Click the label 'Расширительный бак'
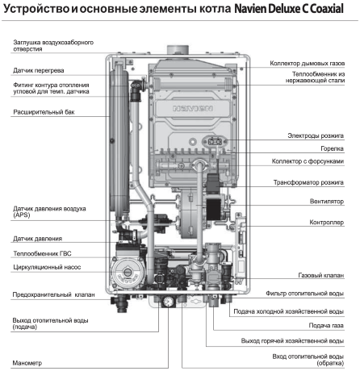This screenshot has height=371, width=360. (x=44, y=112)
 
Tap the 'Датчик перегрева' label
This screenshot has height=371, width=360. (x=39, y=70)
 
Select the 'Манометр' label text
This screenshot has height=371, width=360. (x=27, y=363)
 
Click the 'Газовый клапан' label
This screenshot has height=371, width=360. (x=321, y=275)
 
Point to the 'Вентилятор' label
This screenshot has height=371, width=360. (x=327, y=201)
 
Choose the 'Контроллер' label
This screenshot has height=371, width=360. (x=326, y=223)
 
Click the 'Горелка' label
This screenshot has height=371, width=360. (x=332, y=148)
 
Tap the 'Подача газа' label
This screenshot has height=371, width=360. (x=326, y=326)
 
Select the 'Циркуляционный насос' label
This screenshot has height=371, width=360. (x=47, y=267)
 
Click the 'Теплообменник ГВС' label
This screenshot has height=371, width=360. (x=42, y=253)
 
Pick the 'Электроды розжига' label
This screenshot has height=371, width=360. (x=316, y=135)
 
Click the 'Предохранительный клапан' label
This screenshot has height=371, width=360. (x=54, y=294)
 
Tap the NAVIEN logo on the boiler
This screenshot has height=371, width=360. (x=193, y=109)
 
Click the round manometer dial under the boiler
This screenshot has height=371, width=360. (x=169, y=302)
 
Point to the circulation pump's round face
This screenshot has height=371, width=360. (x=125, y=272)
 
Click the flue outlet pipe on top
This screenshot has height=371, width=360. (x=178, y=50)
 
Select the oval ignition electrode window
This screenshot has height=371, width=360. (x=216, y=141)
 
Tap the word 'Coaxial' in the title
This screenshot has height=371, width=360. (x=327, y=9)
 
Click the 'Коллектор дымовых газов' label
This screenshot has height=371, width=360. (x=308, y=63)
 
